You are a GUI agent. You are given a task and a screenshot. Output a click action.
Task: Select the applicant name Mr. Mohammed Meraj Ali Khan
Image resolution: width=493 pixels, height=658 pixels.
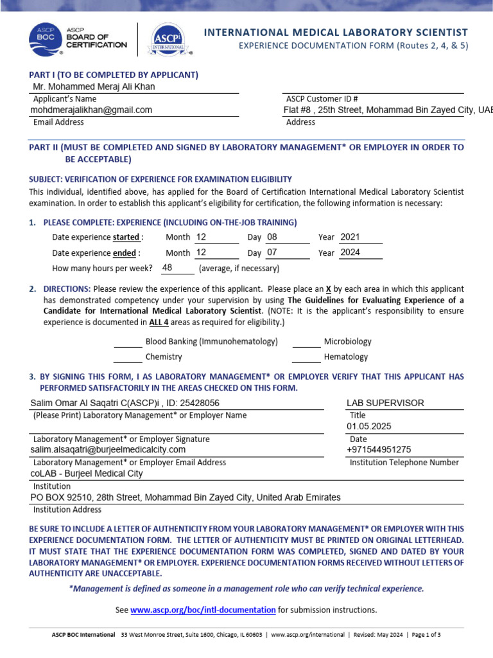[x=94, y=87]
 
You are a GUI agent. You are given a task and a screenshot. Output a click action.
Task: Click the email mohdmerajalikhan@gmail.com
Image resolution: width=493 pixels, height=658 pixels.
[x=91, y=110]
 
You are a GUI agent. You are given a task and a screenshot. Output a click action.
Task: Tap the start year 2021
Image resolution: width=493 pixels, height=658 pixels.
[x=350, y=236]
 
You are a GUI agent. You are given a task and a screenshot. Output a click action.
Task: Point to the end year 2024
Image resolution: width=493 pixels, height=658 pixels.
[x=350, y=252]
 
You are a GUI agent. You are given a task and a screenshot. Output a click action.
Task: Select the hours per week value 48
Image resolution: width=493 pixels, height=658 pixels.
[x=167, y=267]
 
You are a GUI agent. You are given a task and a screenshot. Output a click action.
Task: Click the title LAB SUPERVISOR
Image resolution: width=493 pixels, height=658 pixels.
[x=385, y=403]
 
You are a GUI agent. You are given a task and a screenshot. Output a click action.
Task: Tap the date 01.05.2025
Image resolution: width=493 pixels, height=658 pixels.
[x=368, y=426]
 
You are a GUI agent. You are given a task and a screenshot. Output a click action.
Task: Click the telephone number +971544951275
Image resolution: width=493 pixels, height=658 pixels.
[x=379, y=450]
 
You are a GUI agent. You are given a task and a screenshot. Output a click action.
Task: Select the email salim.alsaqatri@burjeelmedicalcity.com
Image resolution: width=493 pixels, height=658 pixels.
[x=108, y=450]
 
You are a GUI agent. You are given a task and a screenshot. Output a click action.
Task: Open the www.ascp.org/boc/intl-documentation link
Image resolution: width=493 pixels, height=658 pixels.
[x=203, y=610]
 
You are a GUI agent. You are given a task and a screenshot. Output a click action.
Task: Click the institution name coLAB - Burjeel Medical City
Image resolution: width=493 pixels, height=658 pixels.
[x=87, y=474]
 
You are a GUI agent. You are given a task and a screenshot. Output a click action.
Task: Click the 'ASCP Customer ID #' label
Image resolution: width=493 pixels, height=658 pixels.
[x=322, y=99]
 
